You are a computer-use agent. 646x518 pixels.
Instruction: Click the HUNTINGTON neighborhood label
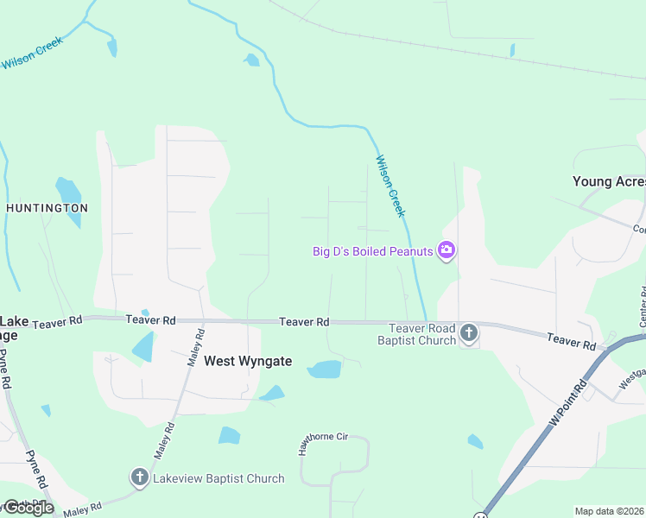tap(47, 208)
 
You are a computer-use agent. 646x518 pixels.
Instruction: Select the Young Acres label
tap(608, 181)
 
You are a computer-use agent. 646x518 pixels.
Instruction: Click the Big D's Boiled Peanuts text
tap(373, 252)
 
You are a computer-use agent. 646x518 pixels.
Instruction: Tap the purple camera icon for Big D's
tap(446, 251)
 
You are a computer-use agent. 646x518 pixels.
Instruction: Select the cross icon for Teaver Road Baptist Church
tap(469, 333)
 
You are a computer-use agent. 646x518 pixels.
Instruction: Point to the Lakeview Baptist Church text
tap(218, 478)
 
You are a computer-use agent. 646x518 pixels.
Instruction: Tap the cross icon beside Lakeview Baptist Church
tap(140, 477)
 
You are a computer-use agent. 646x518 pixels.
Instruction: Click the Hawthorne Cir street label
tap(316, 439)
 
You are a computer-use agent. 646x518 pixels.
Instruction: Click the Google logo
tap(28, 507)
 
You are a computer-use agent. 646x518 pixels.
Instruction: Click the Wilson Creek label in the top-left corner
tap(33, 54)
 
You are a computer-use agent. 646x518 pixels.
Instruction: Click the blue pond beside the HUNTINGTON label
tap(68, 198)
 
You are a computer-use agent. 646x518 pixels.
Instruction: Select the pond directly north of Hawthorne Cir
tap(325, 370)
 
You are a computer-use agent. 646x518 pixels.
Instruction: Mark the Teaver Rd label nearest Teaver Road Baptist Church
tap(304, 322)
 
